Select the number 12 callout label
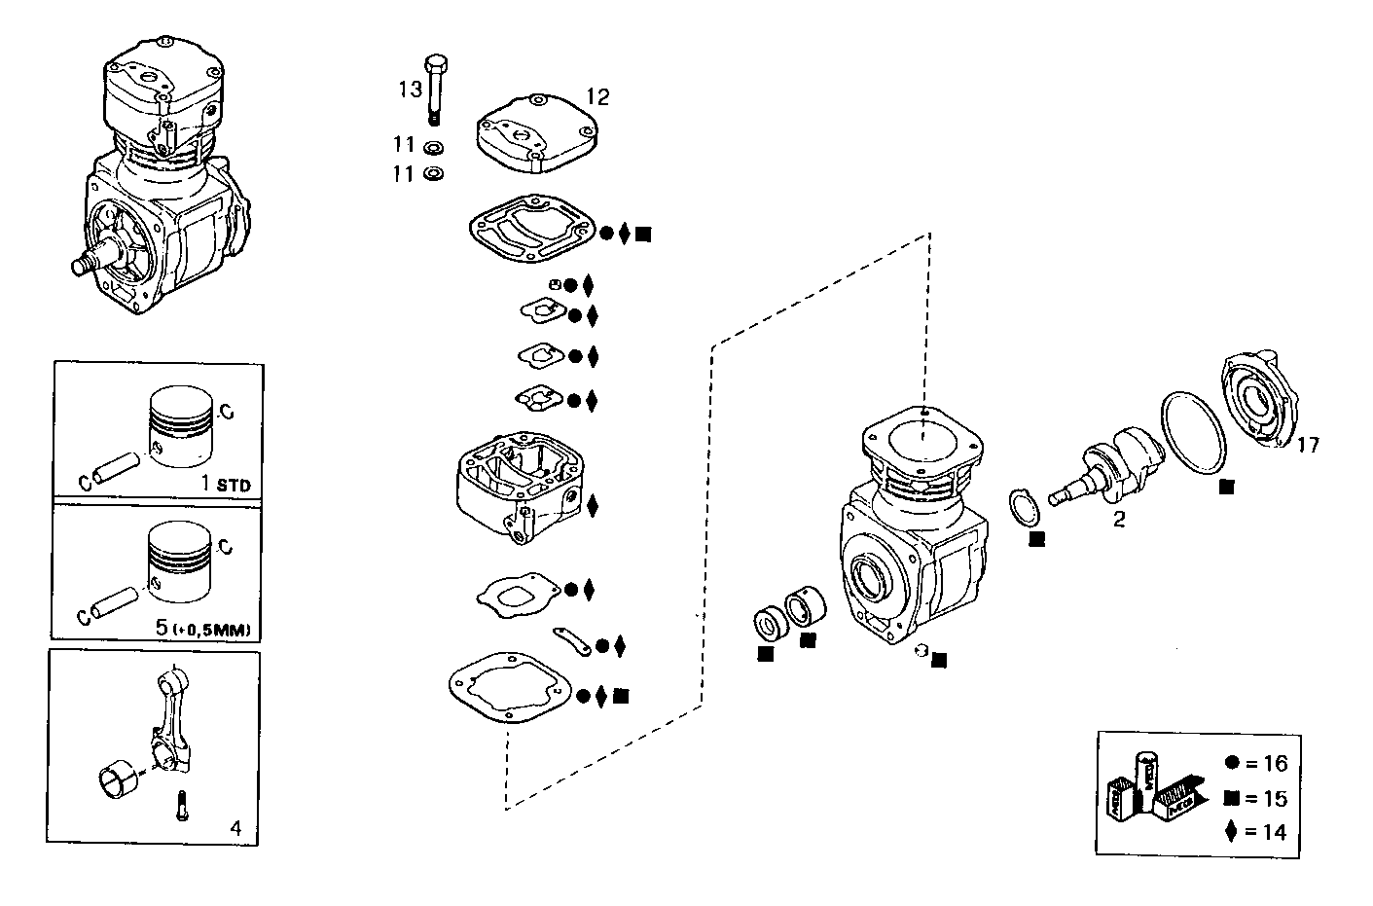[596, 96]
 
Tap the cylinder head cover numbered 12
[534, 134]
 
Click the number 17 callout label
[1308, 445]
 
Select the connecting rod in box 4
[167, 716]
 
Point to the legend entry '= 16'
[1257, 765]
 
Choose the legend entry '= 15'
[1257, 799]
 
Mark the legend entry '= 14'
[1257, 832]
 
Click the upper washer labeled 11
[433, 147]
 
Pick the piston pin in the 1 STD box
[114, 467]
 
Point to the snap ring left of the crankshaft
[1019, 506]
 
